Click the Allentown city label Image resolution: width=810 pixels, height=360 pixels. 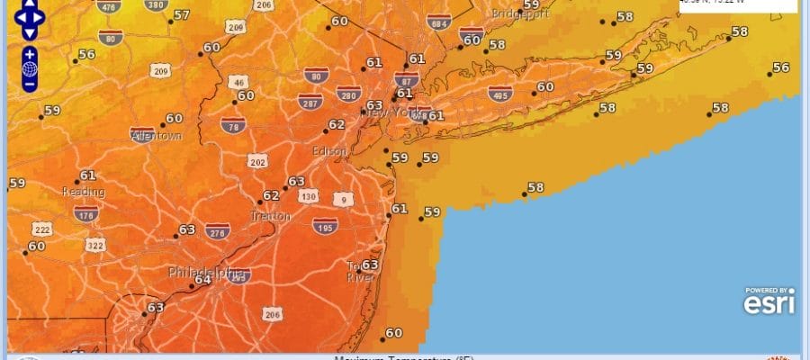tap(157, 136)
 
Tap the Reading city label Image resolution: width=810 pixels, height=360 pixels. tap(83, 192)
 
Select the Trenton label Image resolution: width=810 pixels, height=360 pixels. tap(271, 216)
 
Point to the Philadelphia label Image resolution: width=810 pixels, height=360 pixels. tap(207, 272)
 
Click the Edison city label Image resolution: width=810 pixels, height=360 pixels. tap(328, 151)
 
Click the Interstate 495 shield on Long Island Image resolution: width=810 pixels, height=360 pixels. tap(500, 93)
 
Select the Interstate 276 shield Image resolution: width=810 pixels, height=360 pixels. tap(217, 232)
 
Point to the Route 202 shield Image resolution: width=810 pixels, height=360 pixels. tap(257, 161)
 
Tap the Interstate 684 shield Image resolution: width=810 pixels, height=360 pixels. tap(438, 22)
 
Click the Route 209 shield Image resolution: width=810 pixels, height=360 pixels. tap(161, 71)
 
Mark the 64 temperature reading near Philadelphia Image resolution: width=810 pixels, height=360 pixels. tap(202, 279)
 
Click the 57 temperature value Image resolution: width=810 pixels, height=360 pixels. tap(182, 15)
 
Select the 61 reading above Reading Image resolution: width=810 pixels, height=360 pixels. tap(87, 175)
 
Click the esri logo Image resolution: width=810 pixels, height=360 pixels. tap(769, 303)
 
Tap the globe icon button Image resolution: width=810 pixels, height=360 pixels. tap(30, 69)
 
